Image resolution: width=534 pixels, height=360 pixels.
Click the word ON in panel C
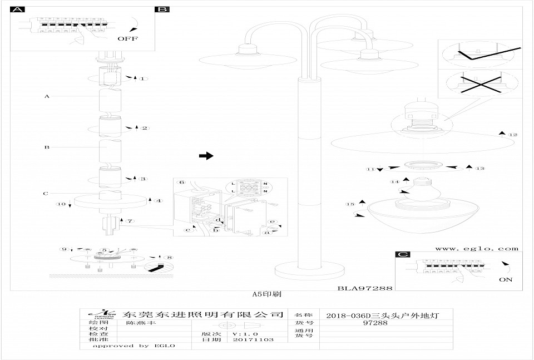pos(506,279)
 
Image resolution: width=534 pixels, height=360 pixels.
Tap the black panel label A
pos(18,10)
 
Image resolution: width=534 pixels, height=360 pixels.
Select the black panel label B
pos(163,10)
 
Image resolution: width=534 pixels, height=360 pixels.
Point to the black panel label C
pos(402,255)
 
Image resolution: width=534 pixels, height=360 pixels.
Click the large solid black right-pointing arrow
pos(206,156)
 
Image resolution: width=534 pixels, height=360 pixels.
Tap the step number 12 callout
pos(513,135)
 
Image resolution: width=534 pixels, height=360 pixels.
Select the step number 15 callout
pos(350,204)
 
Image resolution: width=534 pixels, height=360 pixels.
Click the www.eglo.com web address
pos(476,249)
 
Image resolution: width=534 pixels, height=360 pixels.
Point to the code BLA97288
pos(365,288)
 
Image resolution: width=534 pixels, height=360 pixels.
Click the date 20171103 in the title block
pos(253,339)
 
